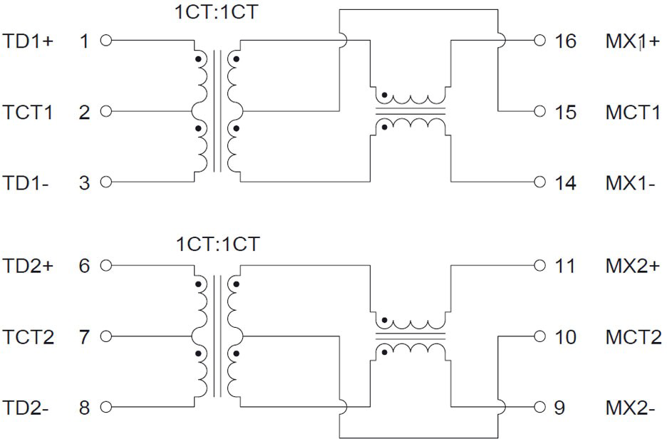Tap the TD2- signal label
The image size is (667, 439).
pos(26,408)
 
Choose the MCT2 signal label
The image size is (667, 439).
pos(633,336)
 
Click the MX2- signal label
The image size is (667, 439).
pos(631,408)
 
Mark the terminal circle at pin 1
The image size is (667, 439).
pos(107,41)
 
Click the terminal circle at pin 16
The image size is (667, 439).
pos(540,41)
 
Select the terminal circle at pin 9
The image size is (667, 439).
pos(540,408)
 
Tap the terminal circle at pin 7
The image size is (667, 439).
pos(107,336)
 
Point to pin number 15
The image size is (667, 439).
pos(565,112)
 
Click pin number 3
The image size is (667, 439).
pos(85,182)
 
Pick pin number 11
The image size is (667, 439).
pos(564,266)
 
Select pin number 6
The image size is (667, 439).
pos(85,266)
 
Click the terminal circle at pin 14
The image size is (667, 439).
pos(540,182)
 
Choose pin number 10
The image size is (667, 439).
pos(565,336)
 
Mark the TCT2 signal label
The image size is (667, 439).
pos(29,336)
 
